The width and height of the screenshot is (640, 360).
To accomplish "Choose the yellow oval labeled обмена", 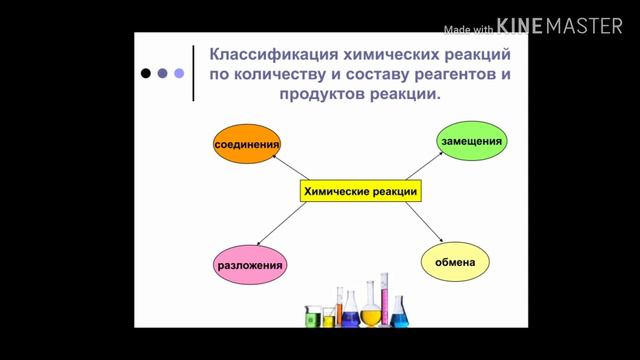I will point(461,263).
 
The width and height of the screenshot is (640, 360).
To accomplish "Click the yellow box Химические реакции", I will point(360,190).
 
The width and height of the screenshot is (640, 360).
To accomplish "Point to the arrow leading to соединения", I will point(291,168).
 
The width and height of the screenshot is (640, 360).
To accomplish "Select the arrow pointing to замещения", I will point(424,168).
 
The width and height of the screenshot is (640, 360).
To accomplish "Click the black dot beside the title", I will point(147,73).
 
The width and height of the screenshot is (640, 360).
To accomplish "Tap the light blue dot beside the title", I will point(179,73).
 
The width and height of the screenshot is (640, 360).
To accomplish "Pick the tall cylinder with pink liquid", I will point(386,300).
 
